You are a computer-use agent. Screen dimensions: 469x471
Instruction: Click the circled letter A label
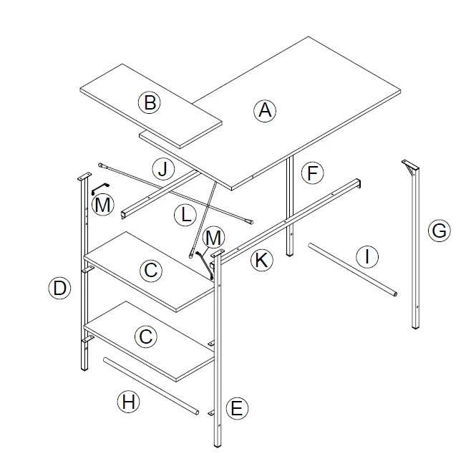[265, 110]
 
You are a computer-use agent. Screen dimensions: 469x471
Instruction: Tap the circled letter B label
[149, 103]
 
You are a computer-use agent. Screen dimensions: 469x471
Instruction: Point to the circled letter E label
[237, 409]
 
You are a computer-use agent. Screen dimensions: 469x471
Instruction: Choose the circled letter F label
[312, 173]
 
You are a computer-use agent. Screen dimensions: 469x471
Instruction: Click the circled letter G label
[438, 231]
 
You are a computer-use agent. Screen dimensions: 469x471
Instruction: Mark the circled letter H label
[127, 402]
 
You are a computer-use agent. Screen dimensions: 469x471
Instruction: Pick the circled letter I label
[366, 256]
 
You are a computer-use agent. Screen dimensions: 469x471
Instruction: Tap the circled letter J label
[163, 170]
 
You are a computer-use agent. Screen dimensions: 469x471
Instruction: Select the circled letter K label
[261, 260]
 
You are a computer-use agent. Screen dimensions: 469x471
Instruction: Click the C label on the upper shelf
[151, 271]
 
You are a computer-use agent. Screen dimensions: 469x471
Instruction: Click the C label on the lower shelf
[145, 336]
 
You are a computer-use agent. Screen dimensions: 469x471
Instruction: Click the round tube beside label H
[150, 385]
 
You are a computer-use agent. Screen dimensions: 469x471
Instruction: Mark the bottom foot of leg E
[218, 442]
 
